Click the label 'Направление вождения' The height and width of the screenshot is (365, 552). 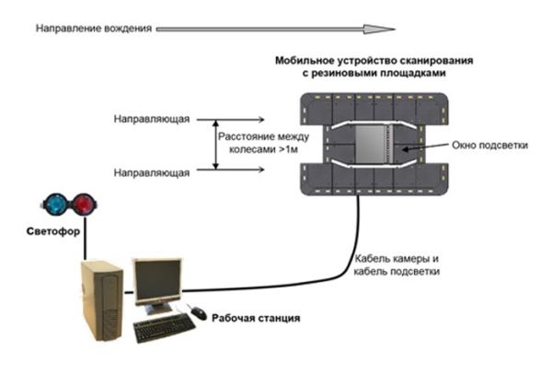(93, 29)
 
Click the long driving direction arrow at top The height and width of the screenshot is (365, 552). (268, 29)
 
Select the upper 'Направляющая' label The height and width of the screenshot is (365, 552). (152, 120)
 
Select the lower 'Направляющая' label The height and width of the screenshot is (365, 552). (152, 171)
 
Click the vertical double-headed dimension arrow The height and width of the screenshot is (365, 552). (215, 145)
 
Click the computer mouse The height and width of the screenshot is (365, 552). (198, 312)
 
